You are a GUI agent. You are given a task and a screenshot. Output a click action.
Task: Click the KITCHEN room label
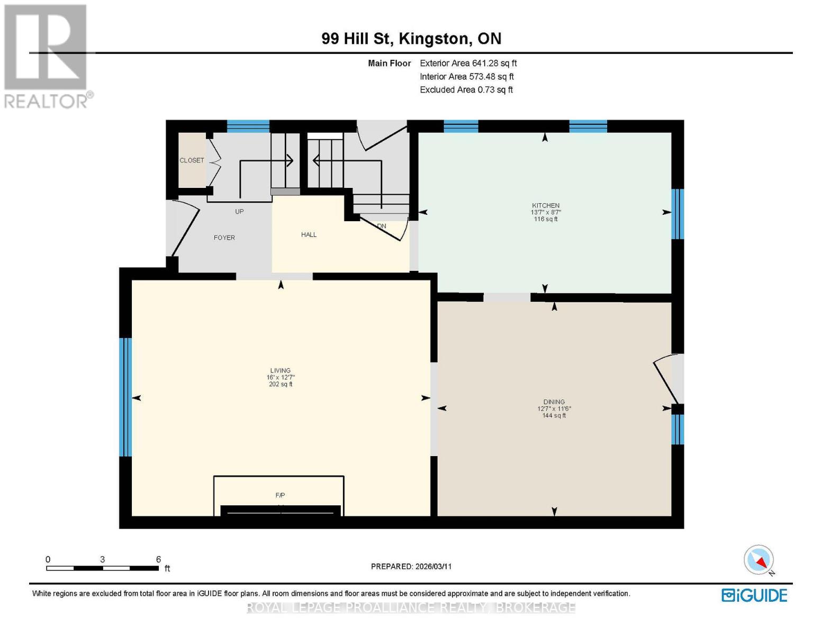(x=545, y=205)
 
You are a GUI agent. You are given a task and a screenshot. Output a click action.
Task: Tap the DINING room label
(x=554, y=402)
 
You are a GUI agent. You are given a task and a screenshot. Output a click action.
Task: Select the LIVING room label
(x=280, y=370)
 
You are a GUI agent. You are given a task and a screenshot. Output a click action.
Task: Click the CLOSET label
(x=192, y=160)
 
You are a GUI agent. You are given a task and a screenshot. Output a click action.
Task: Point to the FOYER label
(x=224, y=238)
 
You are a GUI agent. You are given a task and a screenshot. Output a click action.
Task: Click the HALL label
(x=309, y=234)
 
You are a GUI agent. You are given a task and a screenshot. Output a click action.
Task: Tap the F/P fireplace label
(x=280, y=495)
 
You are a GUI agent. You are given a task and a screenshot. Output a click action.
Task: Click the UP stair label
(x=239, y=211)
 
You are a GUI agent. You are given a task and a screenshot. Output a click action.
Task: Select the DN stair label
(x=382, y=226)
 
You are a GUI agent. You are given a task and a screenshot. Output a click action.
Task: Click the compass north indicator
(x=759, y=560)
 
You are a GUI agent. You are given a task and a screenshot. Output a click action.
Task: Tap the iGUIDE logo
(x=754, y=595)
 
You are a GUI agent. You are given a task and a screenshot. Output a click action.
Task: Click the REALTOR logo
(x=47, y=56)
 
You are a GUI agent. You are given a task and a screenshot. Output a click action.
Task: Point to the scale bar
(x=102, y=568)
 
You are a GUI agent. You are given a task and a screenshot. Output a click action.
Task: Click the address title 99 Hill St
(x=411, y=39)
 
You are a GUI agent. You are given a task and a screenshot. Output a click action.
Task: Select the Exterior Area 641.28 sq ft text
(x=468, y=63)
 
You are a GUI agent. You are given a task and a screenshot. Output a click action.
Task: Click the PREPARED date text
(x=411, y=566)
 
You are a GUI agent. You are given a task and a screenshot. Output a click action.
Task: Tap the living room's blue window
(x=125, y=397)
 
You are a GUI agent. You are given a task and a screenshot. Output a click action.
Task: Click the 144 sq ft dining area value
(x=554, y=415)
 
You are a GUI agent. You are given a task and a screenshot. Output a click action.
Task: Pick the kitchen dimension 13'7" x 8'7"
(x=545, y=212)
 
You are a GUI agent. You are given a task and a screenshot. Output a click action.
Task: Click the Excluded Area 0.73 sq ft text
(x=466, y=89)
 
